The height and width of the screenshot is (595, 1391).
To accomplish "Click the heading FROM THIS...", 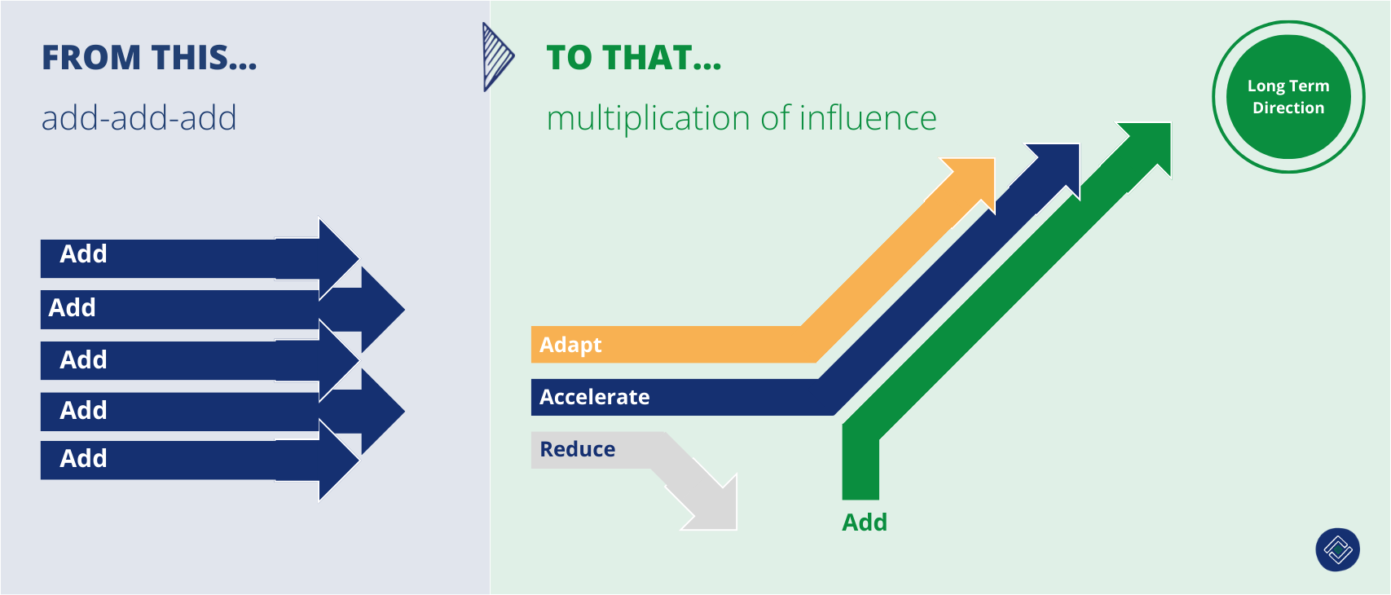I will [x=149, y=59].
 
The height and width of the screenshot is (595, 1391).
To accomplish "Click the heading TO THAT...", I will [x=633, y=59].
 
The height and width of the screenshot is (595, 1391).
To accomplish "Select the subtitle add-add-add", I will [x=139, y=119].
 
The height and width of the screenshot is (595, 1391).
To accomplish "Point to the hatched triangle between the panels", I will [x=496, y=57].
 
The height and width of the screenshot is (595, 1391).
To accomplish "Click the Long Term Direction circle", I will [x=1288, y=97].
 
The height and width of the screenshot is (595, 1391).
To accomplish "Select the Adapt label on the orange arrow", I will [x=570, y=345].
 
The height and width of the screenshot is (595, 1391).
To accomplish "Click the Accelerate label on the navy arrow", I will [x=595, y=397].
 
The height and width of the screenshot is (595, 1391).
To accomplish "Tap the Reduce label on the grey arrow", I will [x=578, y=449].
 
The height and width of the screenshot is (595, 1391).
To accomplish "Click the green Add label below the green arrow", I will [x=864, y=522].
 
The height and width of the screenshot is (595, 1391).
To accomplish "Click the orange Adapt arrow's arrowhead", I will [x=975, y=179].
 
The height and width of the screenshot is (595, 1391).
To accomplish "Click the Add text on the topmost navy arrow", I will [x=83, y=254].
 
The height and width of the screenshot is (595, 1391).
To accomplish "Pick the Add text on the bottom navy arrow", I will [x=83, y=459].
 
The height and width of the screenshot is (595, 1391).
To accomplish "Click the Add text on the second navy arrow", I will [x=72, y=308].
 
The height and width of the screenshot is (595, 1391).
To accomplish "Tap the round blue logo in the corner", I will [x=1337, y=550].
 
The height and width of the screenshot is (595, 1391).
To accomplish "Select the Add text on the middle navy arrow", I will [x=83, y=360].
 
